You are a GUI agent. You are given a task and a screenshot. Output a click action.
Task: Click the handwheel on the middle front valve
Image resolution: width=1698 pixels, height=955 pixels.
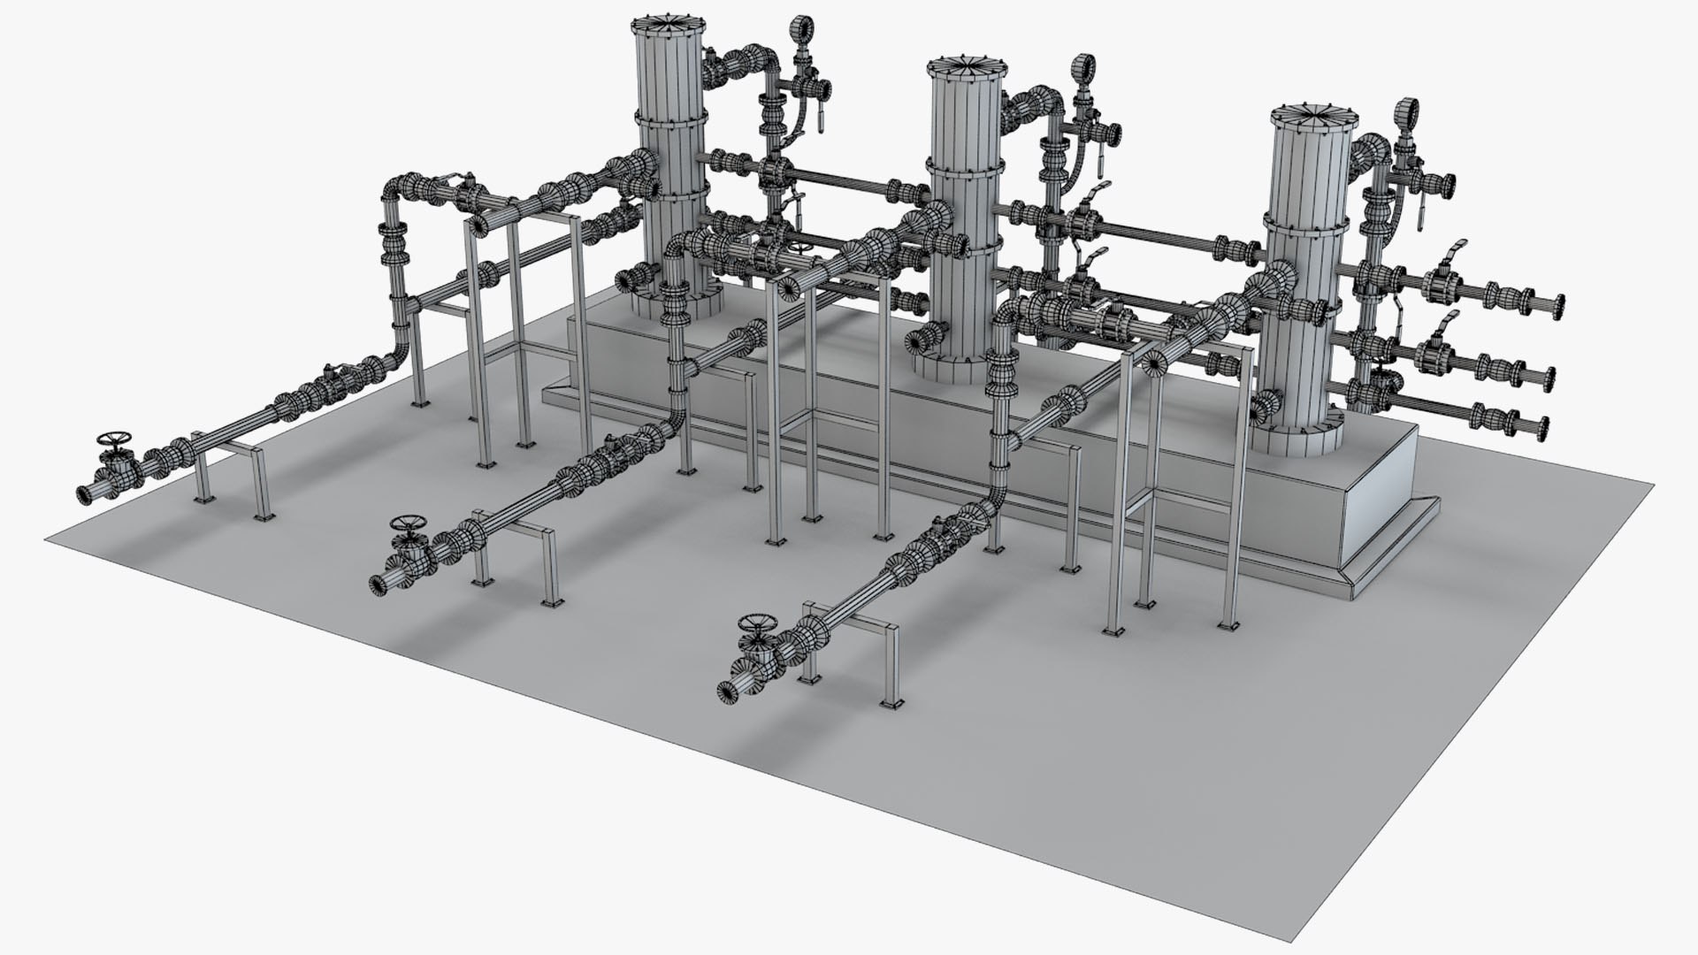point(408,522)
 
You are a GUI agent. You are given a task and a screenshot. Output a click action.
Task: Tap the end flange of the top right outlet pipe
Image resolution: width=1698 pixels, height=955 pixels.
point(1556,306)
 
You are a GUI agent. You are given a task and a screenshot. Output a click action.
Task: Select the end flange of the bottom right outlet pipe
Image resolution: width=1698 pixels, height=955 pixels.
point(1543,426)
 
